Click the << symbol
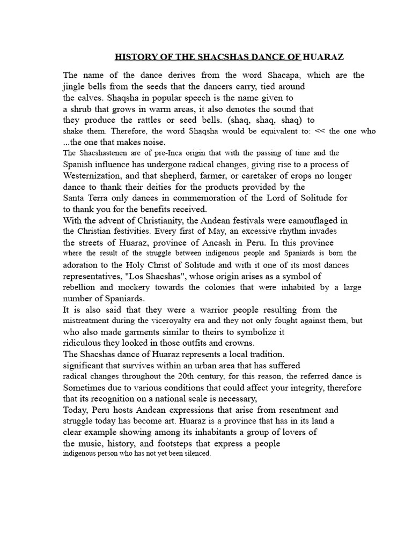point(319,131)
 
